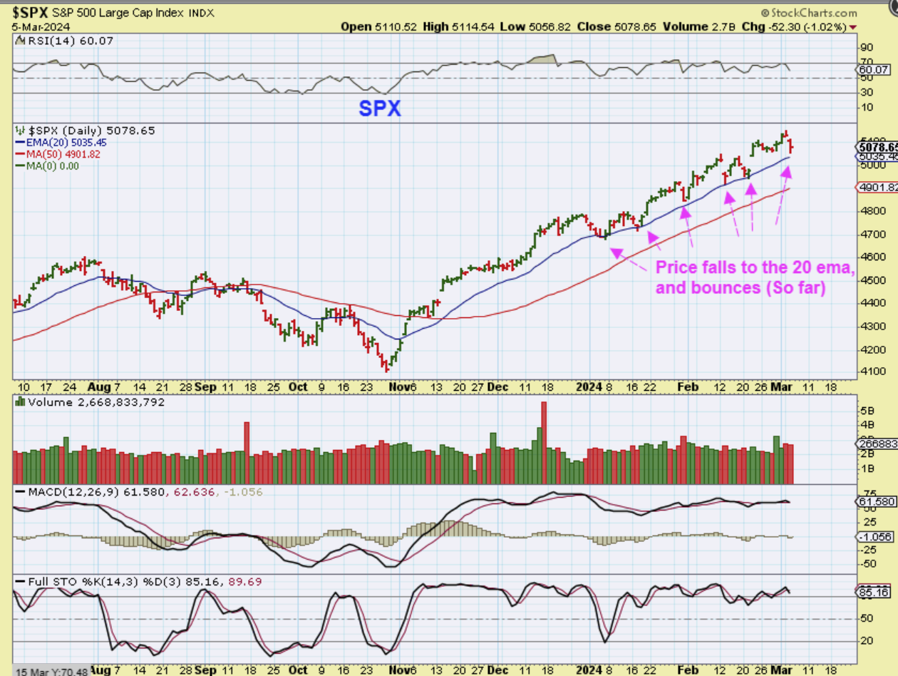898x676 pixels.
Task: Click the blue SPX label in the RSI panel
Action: click(x=379, y=108)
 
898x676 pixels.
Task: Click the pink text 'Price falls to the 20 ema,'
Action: click(x=754, y=268)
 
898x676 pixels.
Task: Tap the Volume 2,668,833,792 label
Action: click(x=96, y=402)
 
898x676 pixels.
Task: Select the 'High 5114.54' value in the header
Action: click(x=455, y=27)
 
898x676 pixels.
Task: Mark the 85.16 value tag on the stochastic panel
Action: click(x=875, y=593)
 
